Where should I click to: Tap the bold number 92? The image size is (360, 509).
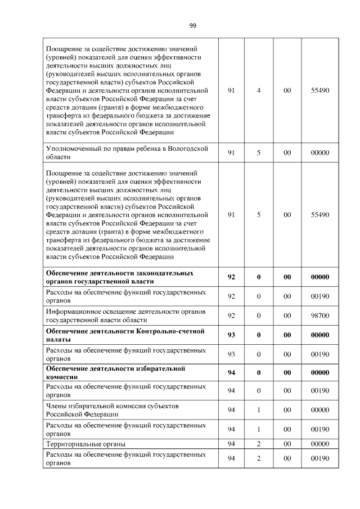[231, 277]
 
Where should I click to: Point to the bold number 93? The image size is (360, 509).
[231, 335]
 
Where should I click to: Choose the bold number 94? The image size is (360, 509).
[231, 372]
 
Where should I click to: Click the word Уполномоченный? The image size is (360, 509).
[73, 148]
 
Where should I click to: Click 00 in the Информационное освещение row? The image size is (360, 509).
[287, 316]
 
